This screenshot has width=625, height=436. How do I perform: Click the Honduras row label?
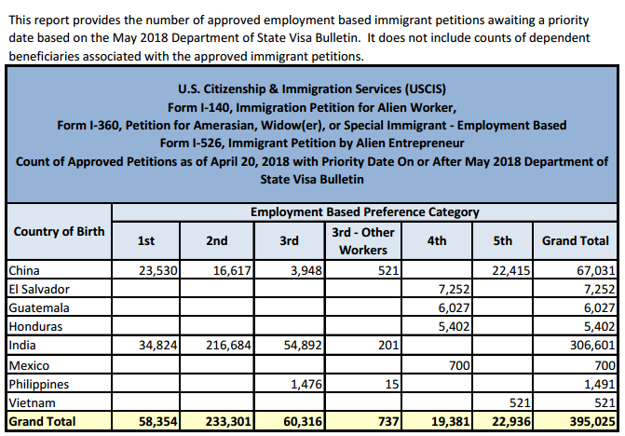(x=34, y=326)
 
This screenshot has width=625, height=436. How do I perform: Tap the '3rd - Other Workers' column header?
(x=363, y=240)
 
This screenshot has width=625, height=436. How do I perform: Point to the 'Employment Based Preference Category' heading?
(x=364, y=212)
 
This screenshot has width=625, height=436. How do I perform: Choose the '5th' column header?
(x=503, y=240)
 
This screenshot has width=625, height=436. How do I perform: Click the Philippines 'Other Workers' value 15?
(x=392, y=384)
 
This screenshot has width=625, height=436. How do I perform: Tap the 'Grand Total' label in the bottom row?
(x=42, y=422)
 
